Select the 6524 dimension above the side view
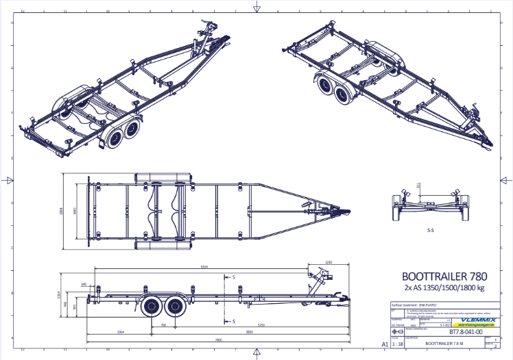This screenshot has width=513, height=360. click(204, 267)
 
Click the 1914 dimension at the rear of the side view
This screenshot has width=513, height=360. click(121, 332)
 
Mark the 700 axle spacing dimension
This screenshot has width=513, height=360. click(164, 324)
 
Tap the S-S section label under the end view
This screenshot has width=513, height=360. click(431, 231)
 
